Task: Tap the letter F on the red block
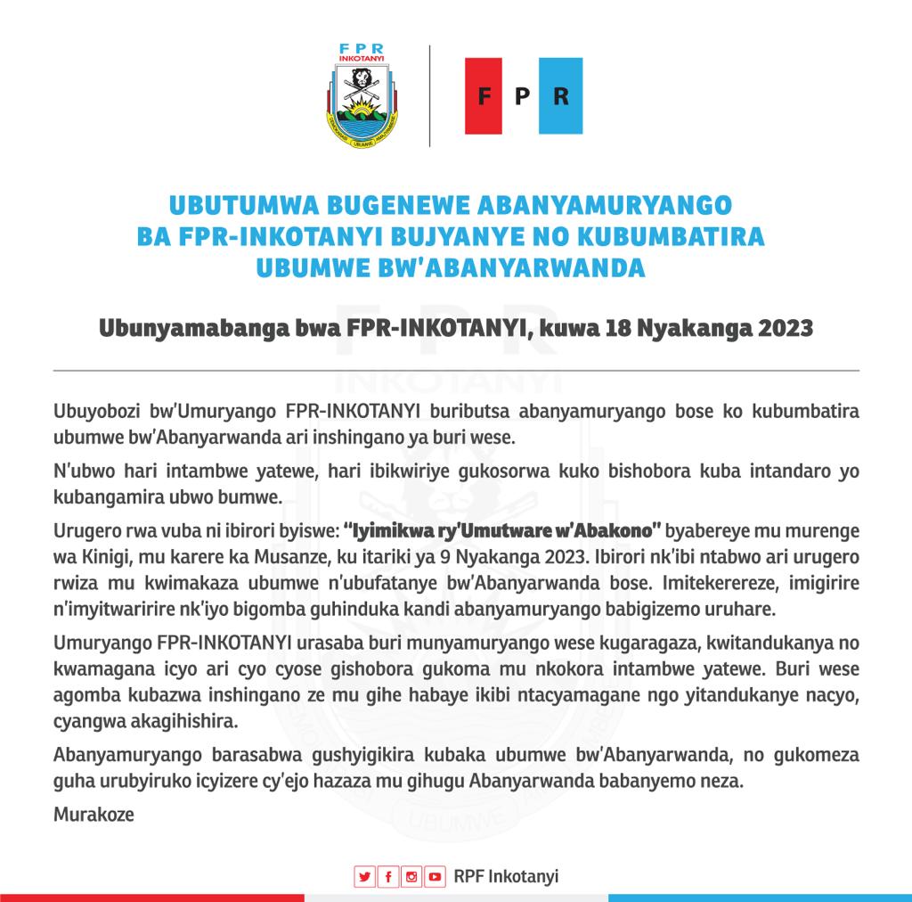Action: [x=485, y=96]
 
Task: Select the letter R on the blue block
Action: [x=560, y=96]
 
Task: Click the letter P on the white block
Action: [x=523, y=96]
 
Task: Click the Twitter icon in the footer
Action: [x=364, y=876]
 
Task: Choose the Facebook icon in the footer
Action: [x=387, y=876]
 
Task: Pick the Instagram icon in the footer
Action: [x=411, y=876]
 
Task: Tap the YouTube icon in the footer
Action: [x=435, y=876]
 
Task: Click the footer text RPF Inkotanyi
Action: [x=506, y=876]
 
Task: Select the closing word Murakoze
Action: [x=94, y=814]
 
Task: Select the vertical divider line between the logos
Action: [x=430, y=96]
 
